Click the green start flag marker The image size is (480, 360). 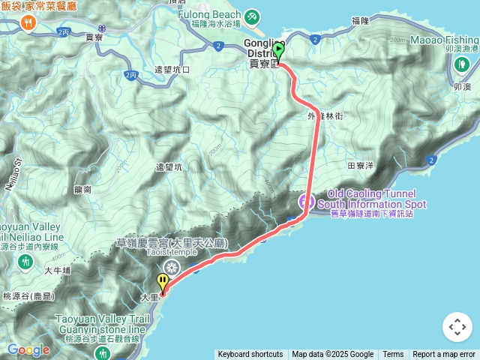tap(278, 51)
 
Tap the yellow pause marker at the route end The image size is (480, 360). tap(163, 282)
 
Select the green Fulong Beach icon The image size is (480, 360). tap(253, 15)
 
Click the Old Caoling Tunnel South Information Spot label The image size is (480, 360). tap(372, 204)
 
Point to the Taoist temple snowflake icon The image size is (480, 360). tap(172, 268)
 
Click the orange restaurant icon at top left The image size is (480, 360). tap(28, 23)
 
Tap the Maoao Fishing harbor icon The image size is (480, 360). tap(460, 63)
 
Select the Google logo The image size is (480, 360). tap(28, 349)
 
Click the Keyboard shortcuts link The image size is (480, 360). tap(250, 355)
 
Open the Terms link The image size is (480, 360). tap(393, 355)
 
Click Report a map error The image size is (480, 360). tap(444, 355)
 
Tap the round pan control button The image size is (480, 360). tap(457, 327)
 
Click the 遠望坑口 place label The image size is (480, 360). tap(173, 70)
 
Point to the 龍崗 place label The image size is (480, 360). tap(83, 190)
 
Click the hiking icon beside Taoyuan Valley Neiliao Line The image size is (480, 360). tap(26, 260)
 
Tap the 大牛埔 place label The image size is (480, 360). tap(58, 271)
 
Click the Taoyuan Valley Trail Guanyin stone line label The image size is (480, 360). tap(103, 324)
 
